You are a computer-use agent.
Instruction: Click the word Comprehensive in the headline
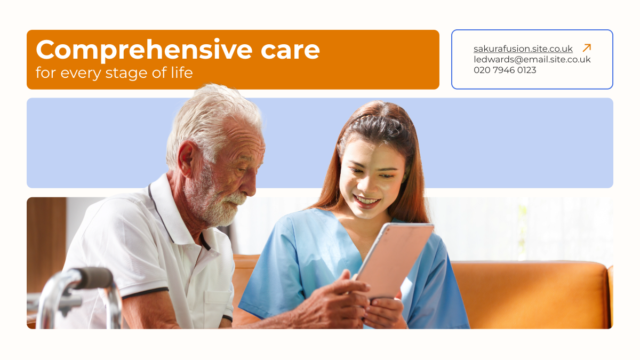[x=144, y=50]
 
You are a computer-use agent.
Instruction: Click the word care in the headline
[x=290, y=51]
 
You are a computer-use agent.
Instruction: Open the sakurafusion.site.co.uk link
[x=523, y=49]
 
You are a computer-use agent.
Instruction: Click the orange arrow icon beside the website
[x=587, y=47]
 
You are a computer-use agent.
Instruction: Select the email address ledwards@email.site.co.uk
[x=532, y=59]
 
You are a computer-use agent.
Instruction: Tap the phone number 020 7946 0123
[x=505, y=70]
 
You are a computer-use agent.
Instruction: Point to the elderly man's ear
[x=186, y=158]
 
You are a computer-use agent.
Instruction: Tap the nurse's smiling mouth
[x=366, y=201]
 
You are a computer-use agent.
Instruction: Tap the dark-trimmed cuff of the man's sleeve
[x=145, y=293]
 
